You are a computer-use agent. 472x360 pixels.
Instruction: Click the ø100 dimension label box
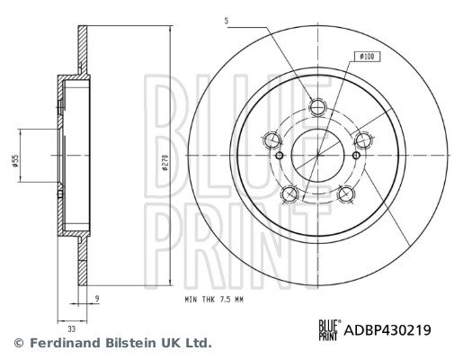point(367,57)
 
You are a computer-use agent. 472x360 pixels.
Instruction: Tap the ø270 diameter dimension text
point(165,163)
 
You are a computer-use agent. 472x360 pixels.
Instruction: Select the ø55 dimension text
point(15,161)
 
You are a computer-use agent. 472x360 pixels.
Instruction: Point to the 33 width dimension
point(71,329)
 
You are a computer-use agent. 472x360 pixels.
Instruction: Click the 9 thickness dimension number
point(96,299)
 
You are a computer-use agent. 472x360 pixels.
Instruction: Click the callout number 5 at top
point(227,21)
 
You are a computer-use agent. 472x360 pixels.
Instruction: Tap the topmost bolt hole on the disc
point(318,106)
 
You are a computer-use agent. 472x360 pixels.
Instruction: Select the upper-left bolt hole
point(272,139)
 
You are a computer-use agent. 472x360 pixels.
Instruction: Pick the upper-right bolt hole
point(364,139)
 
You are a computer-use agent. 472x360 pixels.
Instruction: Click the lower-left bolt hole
point(289,193)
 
